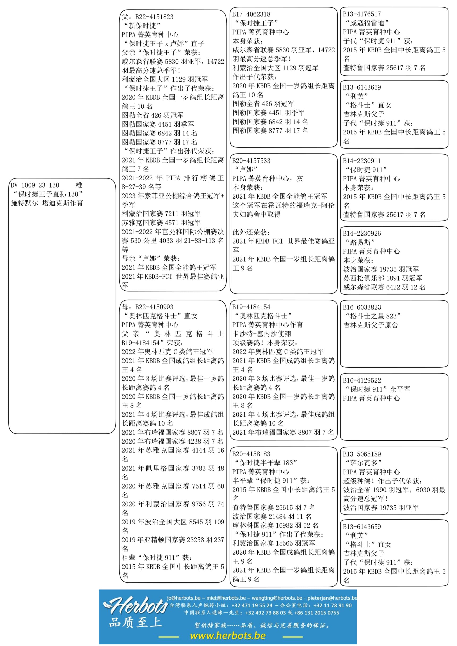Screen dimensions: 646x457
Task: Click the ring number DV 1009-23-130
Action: (x=35, y=185)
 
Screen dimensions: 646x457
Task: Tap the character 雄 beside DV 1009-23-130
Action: (x=79, y=185)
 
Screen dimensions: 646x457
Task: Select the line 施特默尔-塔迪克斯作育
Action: (x=47, y=203)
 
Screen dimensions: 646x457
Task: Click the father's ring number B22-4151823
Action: (x=154, y=17)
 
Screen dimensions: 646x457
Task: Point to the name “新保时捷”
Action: (x=142, y=26)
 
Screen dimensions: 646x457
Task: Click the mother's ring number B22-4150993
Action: (x=154, y=307)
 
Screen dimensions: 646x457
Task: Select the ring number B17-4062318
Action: (x=251, y=14)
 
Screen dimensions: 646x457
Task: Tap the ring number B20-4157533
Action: (x=251, y=161)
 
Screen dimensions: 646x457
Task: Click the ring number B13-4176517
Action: (x=362, y=14)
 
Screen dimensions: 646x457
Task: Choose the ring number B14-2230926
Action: (x=362, y=233)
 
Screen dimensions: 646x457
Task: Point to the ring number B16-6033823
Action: (x=362, y=307)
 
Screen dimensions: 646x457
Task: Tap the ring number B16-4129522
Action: (x=362, y=380)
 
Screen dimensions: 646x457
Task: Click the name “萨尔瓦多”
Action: (x=363, y=463)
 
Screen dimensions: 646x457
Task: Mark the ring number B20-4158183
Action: (x=251, y=454)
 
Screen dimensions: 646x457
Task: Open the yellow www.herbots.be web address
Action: (x=228, y=636)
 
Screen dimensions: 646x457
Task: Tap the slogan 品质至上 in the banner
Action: (x=136, y=622)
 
